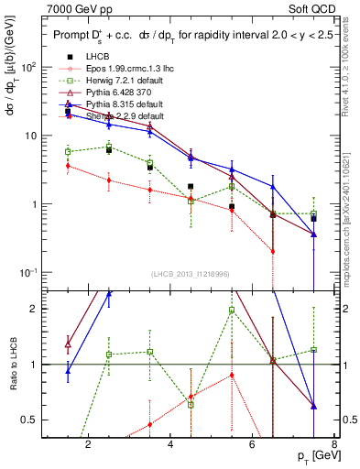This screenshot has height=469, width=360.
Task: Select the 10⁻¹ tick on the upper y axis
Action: (x=28, y=272)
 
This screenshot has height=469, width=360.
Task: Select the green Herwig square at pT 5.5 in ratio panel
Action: (x=232, y=311)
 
